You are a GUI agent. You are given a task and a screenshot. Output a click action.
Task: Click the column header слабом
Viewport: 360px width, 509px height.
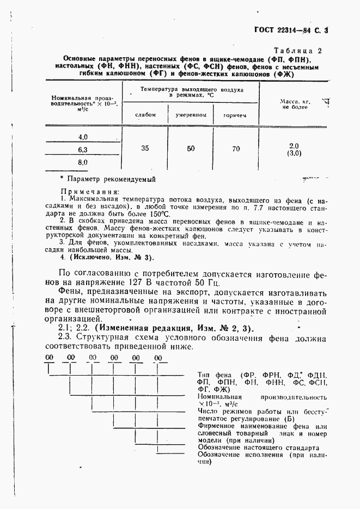click(x=145, y=115)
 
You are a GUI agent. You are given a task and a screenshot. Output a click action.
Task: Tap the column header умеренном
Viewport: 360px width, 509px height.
click(x=190, y=115)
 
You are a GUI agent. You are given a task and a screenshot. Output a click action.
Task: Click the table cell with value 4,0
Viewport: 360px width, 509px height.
click(x=83, y=137)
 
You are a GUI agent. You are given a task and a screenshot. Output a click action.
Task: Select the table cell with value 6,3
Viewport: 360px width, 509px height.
click(x=83, y=149)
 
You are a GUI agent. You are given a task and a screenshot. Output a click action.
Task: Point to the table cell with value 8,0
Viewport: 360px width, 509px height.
click(x=83, y=162)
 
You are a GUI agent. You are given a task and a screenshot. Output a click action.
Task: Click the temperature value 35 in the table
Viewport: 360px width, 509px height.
click(x=145, y=148)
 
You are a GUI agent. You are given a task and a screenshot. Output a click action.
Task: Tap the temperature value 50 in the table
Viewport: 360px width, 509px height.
click(x=191, y=148)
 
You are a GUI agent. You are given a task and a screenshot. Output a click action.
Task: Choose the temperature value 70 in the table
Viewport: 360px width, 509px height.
click(x=235, y=148)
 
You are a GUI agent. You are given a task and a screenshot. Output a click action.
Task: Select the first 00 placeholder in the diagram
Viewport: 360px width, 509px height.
click(x=49, y=358)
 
